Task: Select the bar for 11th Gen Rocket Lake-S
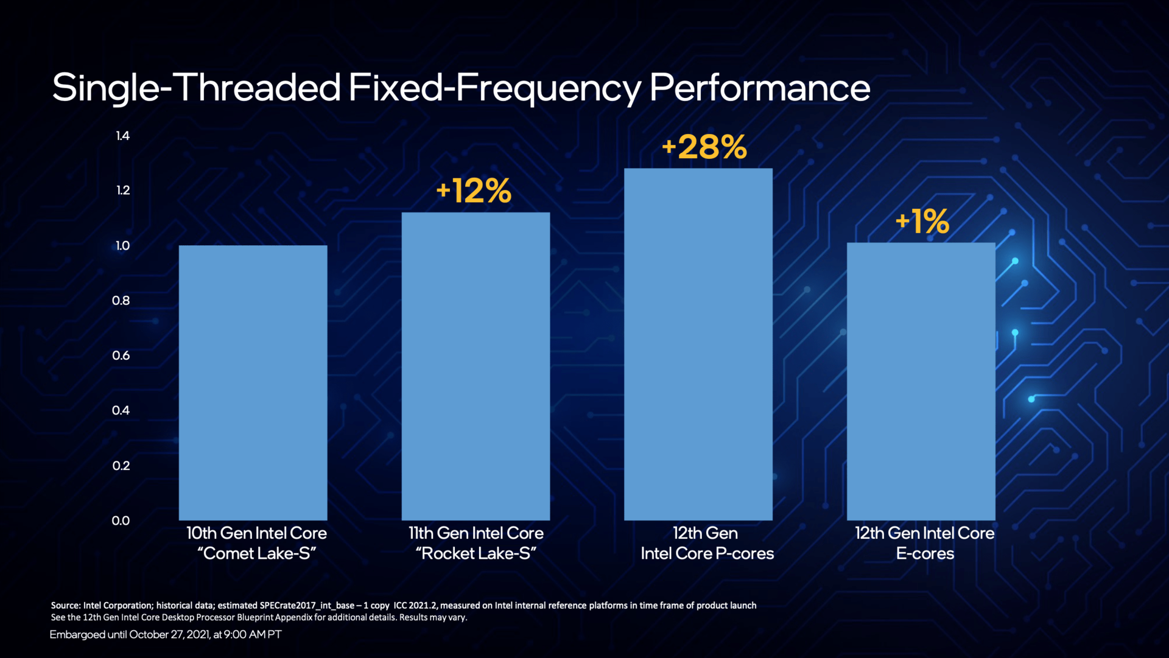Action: click(476, 366)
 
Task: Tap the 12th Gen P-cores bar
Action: click(698, 344)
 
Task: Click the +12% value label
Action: click(474, 191)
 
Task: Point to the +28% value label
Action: click(704, 147)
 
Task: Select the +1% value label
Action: click(922, 221)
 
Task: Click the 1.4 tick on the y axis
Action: click(122, 136)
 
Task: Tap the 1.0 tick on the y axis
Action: click(122, 246)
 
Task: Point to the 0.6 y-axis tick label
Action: click(121, 355)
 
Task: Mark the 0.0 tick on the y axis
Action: click(121, 520)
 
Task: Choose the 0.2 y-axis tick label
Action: click(121, 466)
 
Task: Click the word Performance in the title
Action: click(759, 87)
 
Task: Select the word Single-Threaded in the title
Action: click(196, 88)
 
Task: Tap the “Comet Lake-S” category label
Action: click(256, 553)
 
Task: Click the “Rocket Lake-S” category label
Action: click(476, 553)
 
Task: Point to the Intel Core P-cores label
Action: click(707, 553)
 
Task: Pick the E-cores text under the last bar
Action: click(925, 553)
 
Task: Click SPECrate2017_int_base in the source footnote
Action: click(307, 606)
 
